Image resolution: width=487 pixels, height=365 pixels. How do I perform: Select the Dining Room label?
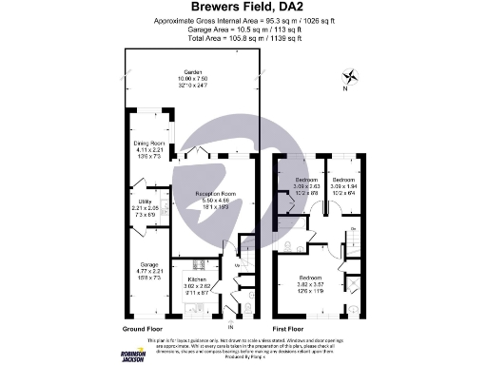tap(149, 143)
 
